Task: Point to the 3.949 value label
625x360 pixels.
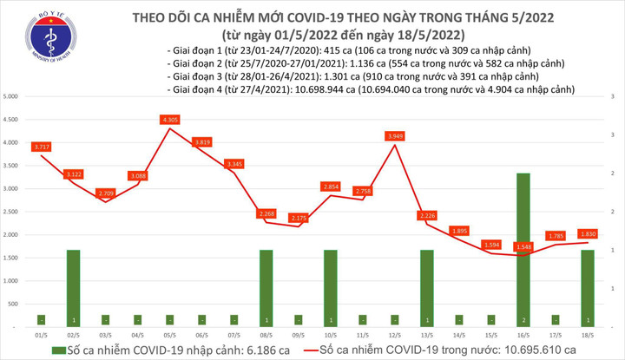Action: [395, 136]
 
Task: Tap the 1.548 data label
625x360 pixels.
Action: [522, 247]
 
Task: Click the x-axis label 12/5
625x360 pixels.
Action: [395, 334]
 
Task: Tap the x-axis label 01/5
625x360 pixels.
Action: [42, 334]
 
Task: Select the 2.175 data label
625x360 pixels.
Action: [298, 218]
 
